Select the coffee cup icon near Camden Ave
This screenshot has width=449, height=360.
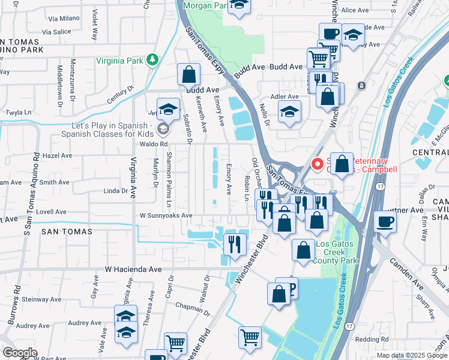[385, 221]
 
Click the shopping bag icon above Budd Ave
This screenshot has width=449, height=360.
[188, 75]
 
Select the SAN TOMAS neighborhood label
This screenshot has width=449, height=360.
[67, 231]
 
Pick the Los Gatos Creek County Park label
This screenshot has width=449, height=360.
[337, 252]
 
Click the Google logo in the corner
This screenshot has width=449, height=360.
[20, 352]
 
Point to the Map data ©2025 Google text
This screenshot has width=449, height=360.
[412, 355]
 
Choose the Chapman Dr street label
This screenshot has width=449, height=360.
[192, 308]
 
